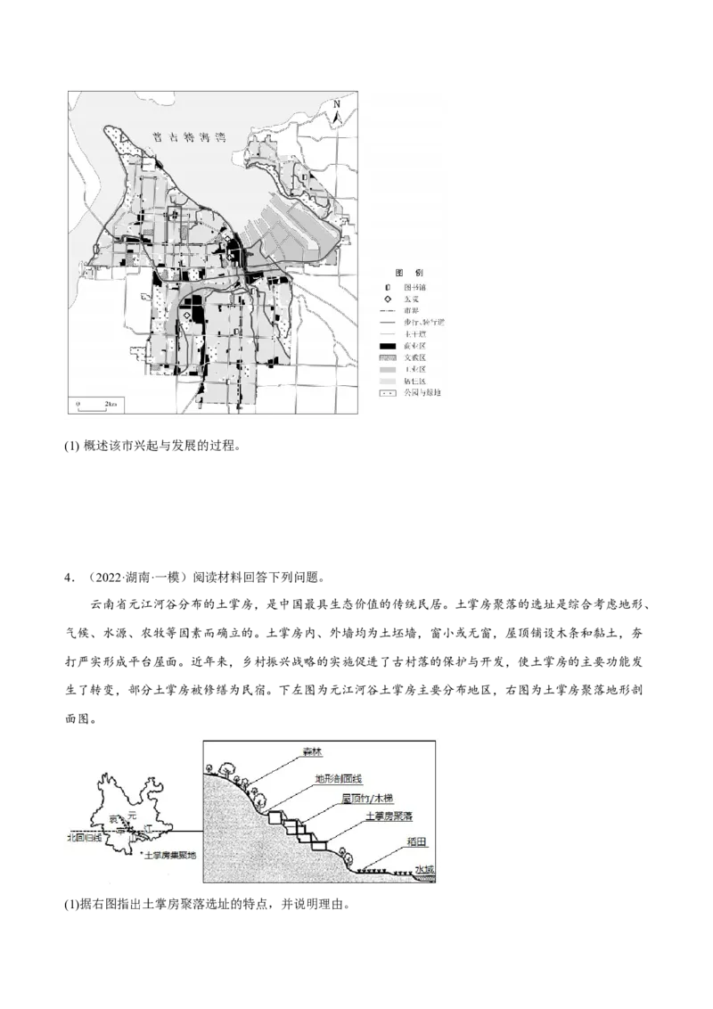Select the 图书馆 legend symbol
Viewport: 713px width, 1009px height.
coord(387,287)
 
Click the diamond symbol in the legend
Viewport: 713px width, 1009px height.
coord(387,299)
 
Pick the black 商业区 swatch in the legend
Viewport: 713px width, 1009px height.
coord(387,345)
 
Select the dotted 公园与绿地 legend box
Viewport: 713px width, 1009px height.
coord(387,391)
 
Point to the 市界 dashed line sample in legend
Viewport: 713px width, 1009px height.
coord(387,310)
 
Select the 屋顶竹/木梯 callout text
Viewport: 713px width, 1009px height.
coord(363,800)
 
